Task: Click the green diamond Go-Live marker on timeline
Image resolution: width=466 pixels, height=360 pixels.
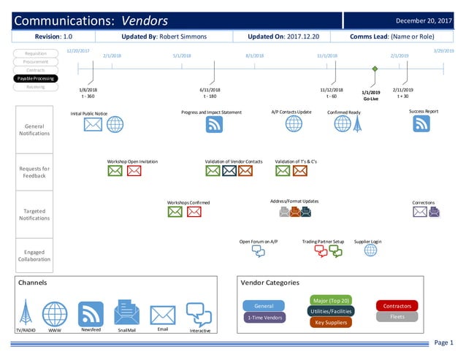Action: (x=375, y=69)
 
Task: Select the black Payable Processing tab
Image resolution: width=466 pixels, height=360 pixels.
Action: (x=36, y=78)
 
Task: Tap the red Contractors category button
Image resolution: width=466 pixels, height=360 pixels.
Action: (x=397, y=306)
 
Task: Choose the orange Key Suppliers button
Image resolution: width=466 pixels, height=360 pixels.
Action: (x=330, y=322)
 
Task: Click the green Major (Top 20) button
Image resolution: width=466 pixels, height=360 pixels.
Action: (x=330, y=300)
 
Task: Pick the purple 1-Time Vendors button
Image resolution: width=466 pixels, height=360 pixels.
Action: (x=264, y=318)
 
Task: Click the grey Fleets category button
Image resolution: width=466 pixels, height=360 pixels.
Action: (x=397, y=317)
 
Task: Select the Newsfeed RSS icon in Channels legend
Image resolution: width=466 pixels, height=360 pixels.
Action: (x=91, y=314)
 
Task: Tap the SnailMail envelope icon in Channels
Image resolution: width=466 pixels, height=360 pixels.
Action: (x=126, y=313)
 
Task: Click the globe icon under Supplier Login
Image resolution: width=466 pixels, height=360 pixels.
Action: (x=370, y=250)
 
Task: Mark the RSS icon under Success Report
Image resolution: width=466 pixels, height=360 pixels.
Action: (x=421, y=124)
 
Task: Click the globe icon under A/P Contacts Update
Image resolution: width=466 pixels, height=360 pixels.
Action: (x=294, y=124)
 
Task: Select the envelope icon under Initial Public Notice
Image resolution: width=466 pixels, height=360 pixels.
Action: (x=93, y=125)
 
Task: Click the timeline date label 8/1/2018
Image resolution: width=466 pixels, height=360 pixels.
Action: (x=254, y=55)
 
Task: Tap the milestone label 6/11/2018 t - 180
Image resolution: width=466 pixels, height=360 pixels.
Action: (x=210, y=93)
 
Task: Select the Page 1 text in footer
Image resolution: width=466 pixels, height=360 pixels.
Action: (x=443, y=342)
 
